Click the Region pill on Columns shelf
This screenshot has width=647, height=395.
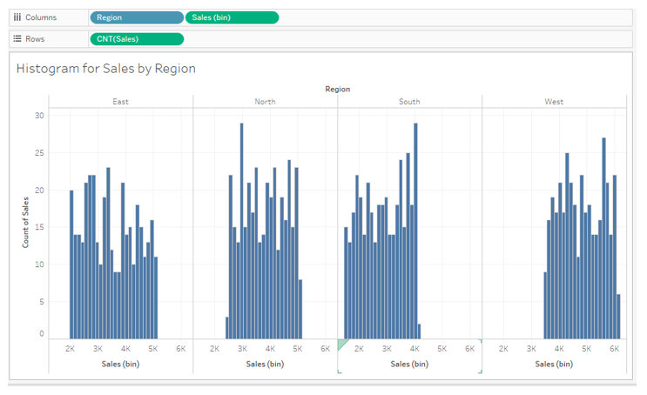click(x=136, y=17)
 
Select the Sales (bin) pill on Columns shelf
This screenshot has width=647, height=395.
click(x=232, y=17)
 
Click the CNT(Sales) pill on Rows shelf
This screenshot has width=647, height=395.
click(x=137, y=38)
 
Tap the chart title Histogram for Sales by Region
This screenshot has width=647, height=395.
click(x=105, y=69)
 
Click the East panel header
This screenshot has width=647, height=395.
click(x=121, y=102)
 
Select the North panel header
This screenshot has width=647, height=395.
click(x=265, y=102)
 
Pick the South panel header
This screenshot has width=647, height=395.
click(x=409, y=102)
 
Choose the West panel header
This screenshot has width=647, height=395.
click(x=554, y=102)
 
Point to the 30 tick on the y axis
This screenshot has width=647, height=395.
click(x=39, y=116)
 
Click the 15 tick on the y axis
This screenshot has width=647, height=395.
click(x=39, y=228)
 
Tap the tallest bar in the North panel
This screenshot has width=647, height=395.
click(x=242, y=231)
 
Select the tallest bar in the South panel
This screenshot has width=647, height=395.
click(x=415, y=231)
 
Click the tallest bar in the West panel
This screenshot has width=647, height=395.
click(x=603, y=238)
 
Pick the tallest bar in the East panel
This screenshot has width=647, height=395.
click(x=108, y=252)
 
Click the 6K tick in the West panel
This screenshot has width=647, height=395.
click(x=614, y=349)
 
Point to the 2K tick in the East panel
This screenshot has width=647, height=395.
click(x=71, y=349)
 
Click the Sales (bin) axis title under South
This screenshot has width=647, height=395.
click(x=409, y=365)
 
